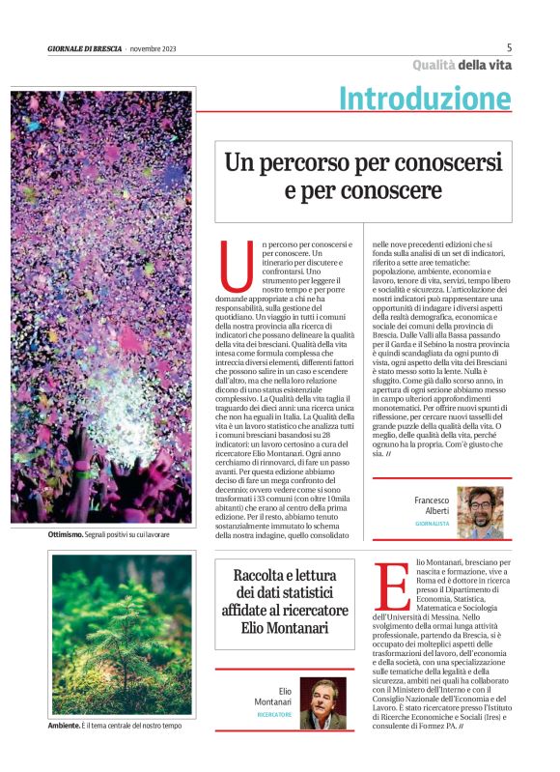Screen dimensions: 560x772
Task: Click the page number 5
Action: coord(509,47)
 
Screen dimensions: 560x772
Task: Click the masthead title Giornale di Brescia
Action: coord(84,48)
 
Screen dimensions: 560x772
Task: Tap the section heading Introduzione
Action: coord(425,98)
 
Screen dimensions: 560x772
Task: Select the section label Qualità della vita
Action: coord(462,66)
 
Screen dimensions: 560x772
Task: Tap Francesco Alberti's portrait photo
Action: coord(480,512)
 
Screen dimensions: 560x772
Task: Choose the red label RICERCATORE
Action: coord(274,715)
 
